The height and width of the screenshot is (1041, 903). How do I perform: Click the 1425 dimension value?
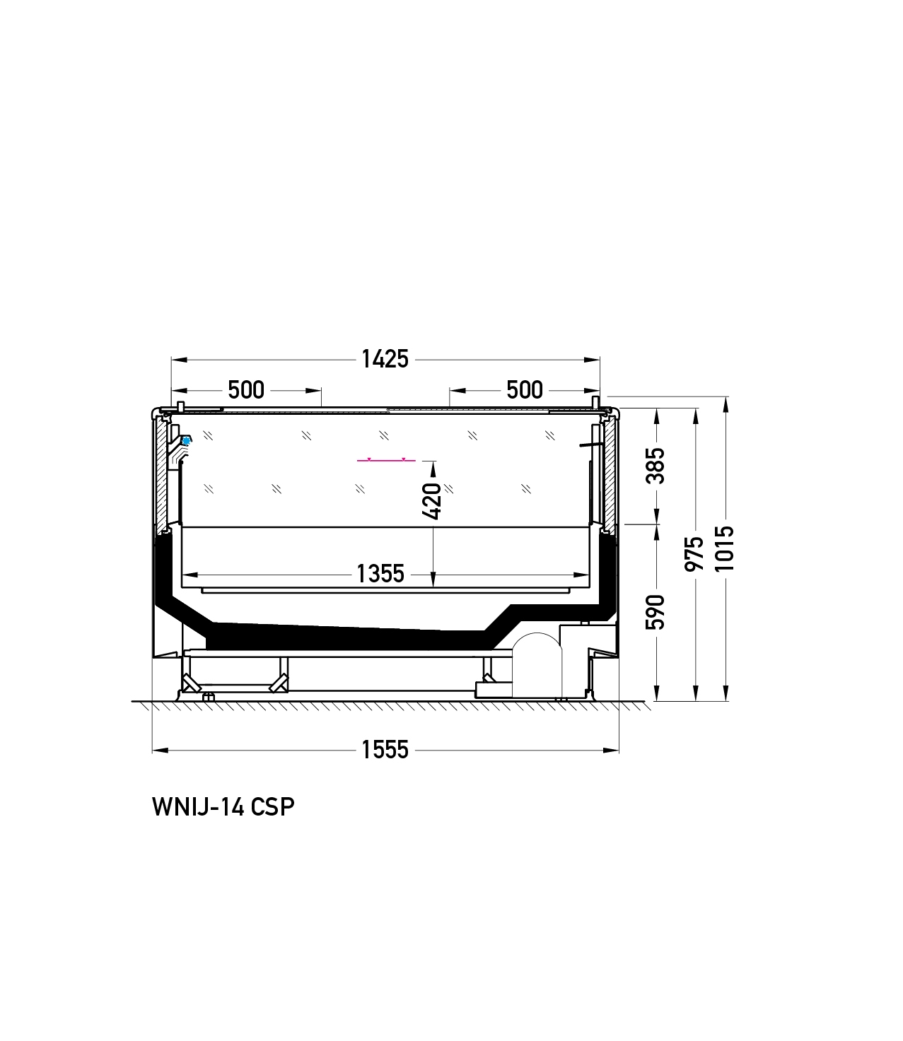(385, 360)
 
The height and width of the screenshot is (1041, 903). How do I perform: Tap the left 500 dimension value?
(246, 390)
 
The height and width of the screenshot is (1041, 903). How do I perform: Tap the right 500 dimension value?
(525, 390)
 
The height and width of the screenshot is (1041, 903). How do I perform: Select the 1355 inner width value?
(380, 574)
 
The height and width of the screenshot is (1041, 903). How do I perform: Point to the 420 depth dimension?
(432, 500)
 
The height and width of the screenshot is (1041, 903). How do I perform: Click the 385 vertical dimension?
(656, 466)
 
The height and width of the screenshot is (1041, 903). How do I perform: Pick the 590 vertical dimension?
(656, 612)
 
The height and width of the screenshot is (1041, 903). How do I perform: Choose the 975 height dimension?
(694, 554)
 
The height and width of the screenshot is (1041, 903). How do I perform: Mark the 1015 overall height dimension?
(725, 548)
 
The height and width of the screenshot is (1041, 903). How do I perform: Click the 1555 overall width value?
(385, 750)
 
